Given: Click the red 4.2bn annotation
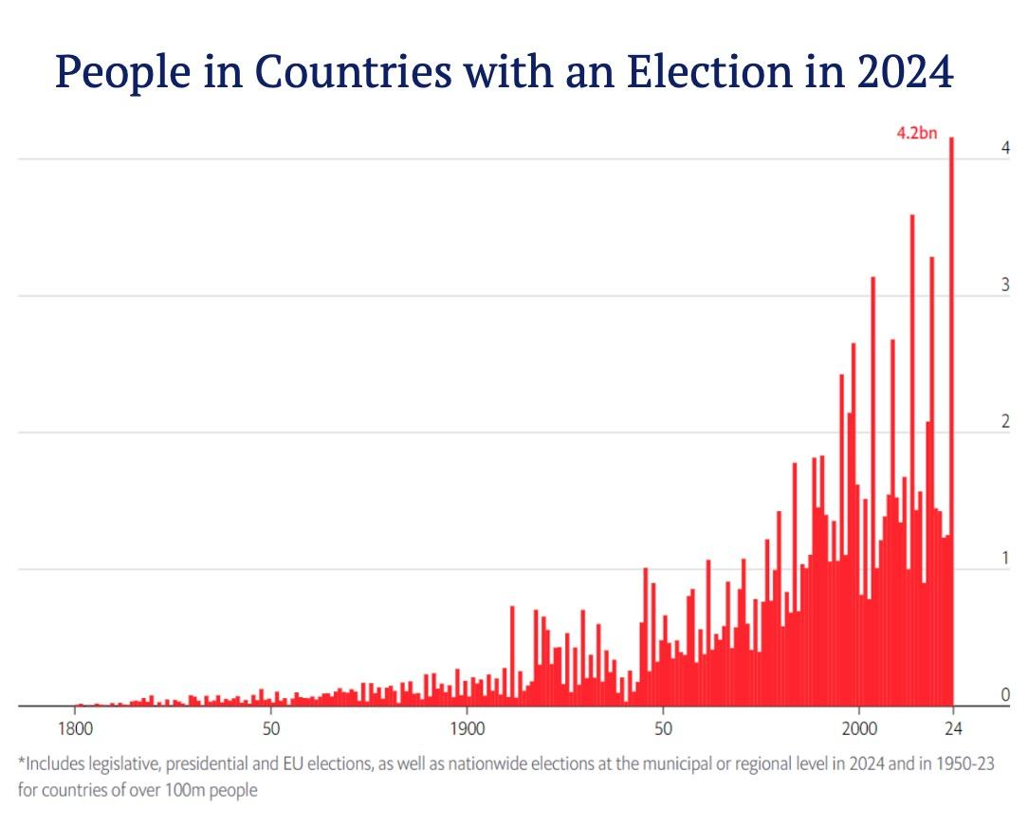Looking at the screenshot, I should coord(916,134).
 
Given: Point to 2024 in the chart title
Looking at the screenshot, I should coord(900,72).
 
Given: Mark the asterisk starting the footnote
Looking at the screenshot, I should coord(22,762).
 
